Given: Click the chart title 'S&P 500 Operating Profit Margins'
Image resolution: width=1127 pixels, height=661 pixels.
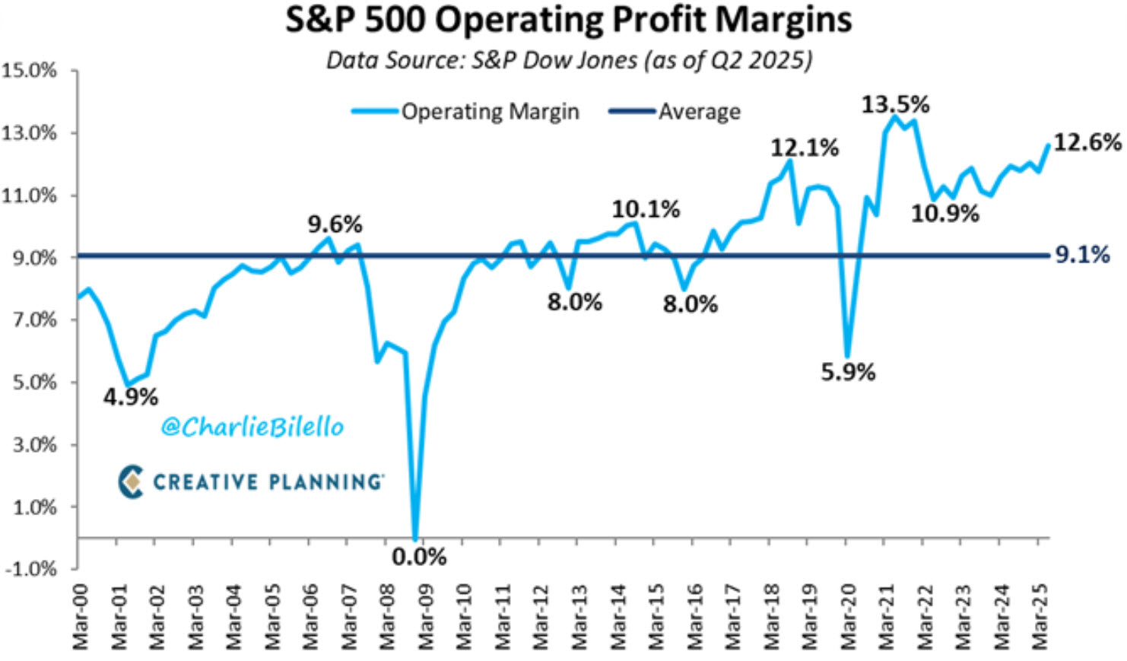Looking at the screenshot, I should tap(568, 21).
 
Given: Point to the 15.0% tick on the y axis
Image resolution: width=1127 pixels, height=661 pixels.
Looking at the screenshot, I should tap(30, 71).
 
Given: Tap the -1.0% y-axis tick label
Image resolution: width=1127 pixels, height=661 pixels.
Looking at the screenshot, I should tap(30, 569).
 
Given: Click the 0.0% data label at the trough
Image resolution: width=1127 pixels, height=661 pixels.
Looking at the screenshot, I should tap(419, 557).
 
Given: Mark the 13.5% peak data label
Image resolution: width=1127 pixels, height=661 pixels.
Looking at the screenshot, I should tap(895, 104).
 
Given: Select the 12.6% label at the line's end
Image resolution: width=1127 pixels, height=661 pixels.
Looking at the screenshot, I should tap(1087, 142).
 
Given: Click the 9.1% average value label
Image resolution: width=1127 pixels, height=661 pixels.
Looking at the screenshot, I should tap(1082, 255).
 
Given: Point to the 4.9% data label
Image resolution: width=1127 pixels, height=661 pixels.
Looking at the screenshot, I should tap(131, 396).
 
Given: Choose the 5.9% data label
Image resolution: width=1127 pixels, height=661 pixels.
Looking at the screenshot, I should tap(848, 372).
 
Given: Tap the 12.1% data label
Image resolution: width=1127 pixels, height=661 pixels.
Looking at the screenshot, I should tap(805, 148).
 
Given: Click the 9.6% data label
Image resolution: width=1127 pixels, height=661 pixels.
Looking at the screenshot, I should tap(335, 224).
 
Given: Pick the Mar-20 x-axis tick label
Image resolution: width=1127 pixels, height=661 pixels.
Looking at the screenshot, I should tap(849, 617).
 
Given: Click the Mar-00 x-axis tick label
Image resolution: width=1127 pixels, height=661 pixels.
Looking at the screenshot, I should tap(80, 617).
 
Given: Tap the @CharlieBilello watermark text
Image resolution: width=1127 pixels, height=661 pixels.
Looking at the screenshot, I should tap(252, 427).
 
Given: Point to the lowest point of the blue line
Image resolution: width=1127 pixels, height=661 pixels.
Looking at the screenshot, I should tap(415, 537).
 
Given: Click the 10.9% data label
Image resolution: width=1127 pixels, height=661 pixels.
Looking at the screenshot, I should tap(945, 214).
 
